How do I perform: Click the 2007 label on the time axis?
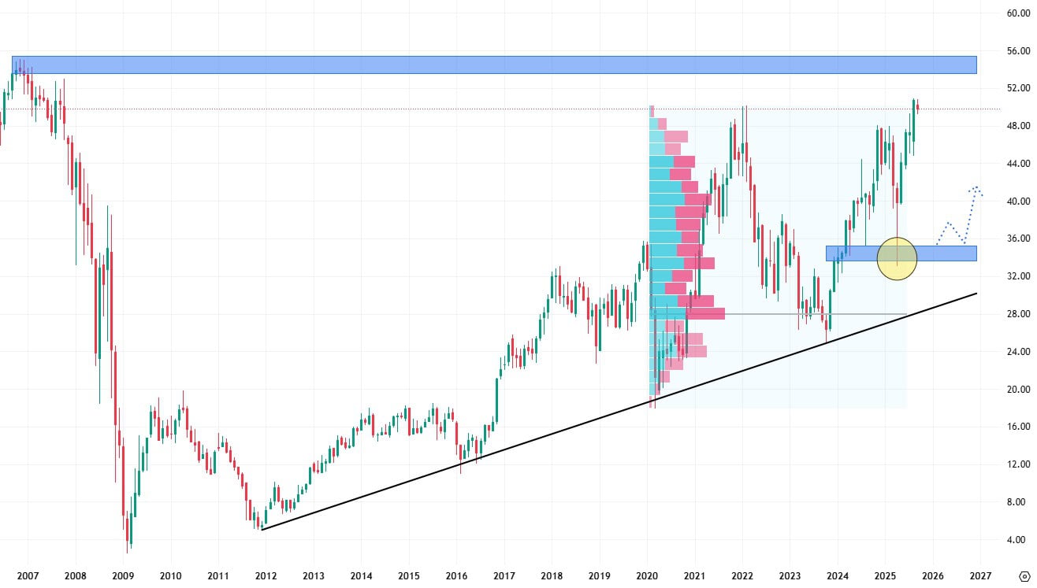point(28,575)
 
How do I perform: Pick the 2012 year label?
point(266,575)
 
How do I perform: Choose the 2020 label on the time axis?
point(647,575)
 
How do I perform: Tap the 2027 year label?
point(980,575)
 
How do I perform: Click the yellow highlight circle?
point(897,258)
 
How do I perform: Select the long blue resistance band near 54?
point(494,65)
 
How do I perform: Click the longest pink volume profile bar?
point(704,314)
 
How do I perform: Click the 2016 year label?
point(456,575)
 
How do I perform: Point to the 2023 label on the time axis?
point(790,575)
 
